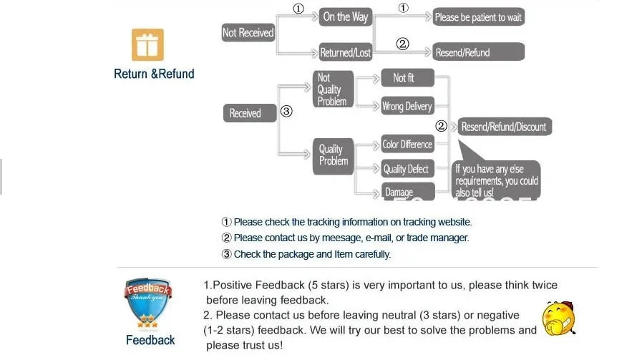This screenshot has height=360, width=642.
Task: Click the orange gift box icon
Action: coord(147,44)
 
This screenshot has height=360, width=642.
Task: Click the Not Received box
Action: coord(248,33)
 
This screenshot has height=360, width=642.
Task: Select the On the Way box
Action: coord(345,17)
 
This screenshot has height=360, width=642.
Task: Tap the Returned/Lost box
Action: coord(345,53)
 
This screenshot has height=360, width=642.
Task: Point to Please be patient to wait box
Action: coord(478,17)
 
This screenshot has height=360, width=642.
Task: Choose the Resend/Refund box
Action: coord(478,52)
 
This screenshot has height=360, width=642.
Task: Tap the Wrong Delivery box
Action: coord(407,106)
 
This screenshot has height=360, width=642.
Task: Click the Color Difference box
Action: coord(407,145)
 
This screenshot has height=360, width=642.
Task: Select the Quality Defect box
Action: coord(407,169)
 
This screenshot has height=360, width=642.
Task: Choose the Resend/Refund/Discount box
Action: coord(504,127)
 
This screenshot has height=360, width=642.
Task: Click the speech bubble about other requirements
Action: coord(497,180)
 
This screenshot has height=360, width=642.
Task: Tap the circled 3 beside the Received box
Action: coord(286,112)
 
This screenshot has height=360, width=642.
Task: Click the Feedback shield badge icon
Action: coord(148,303)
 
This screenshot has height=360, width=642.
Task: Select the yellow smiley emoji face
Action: coord(558,318)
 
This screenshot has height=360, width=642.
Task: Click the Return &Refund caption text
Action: coord(154,74)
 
